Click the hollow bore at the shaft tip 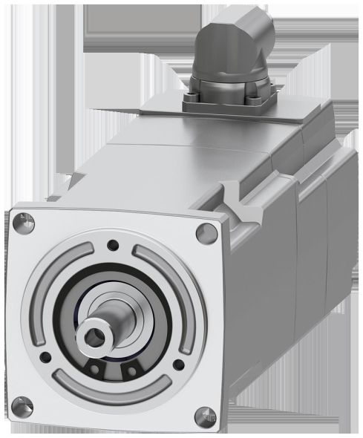[x=94, y=335]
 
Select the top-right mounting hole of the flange [x=203, y=232]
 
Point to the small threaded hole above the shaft [x=112, y=243]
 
